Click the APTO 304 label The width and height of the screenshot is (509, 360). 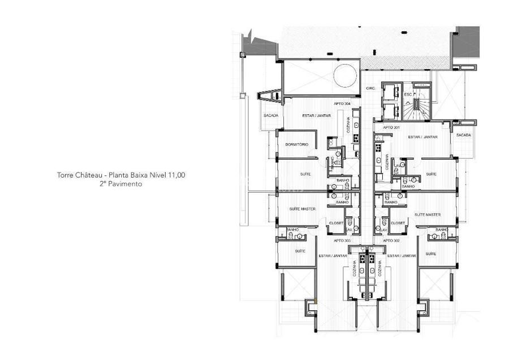(x=343, y=104)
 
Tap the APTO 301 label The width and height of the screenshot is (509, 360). (x=392, y=128)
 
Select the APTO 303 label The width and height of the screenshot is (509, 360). (x=342, y=241)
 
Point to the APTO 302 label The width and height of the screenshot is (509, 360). (x=391, y=241)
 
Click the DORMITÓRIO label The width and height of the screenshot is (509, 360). (x=296, y=144)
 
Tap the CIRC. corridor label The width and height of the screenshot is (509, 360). (x=371, y=88)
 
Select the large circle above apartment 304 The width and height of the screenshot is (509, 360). (x=344, y=75)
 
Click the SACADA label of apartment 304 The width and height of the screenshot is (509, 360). (x=270, y=115)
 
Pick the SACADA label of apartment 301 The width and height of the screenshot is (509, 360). (x=464, y=135)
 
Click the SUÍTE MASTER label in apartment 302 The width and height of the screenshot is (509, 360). (x=427, y=215)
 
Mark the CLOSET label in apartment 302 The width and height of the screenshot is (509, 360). (x=398, y=222)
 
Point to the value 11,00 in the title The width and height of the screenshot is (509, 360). (x=175, y=175)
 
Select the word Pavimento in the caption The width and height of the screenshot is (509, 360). (x=124, y=184)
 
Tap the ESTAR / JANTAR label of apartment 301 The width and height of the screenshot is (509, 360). (x=422, y=137)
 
